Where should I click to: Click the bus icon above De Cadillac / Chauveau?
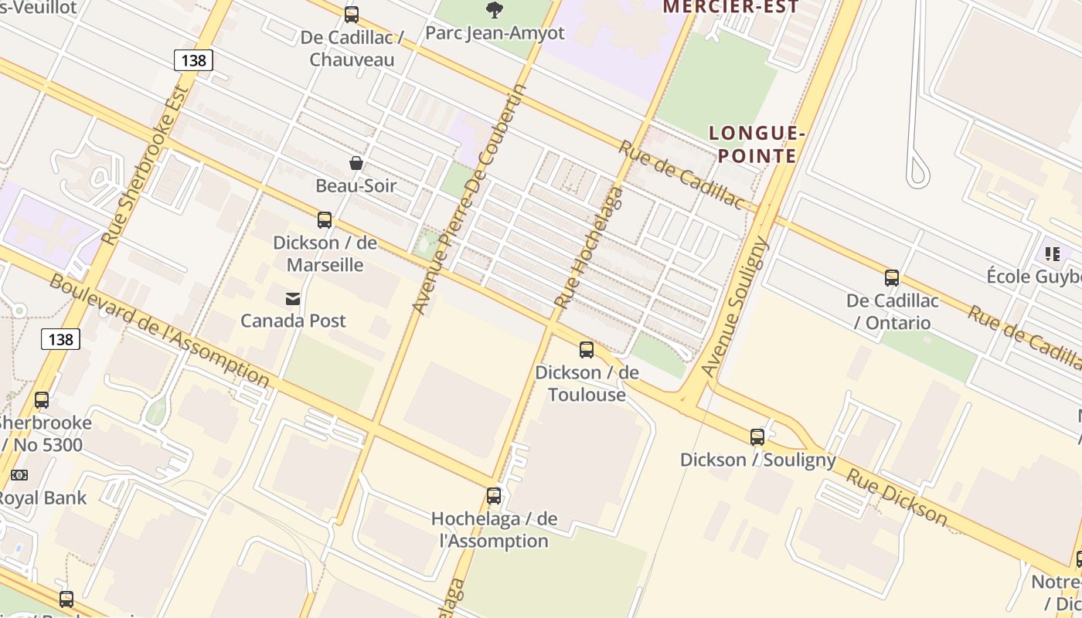pyautogui.click(x=352, y=14)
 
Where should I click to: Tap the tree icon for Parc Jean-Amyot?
pyautogui.click(x=495, y=10)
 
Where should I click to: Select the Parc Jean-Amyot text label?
pyautogui.click(x=495, y=33)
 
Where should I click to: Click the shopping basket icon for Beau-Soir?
pyautogui.click(x=356, y=163)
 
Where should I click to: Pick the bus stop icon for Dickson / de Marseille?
pyautogui.click(x=325, y=220)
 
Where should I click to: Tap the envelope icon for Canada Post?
pyautogui.click(x=293, y=298)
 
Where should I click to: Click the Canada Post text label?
pyautogui.click(x=293, y=321)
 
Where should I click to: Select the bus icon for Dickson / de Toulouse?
pyautogui.click(x=587, y=350)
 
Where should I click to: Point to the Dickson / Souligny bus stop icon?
pyautogui.click(x=757, y=437)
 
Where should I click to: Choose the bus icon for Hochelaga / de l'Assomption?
pyautogui.click(x=494, y=496)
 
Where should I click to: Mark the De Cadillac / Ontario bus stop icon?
pyautogui.click(x=892, y=278)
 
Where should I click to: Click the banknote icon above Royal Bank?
pyautogui.click(x=19, y=475)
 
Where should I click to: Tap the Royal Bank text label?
pyautogui.click(x=43, y=498)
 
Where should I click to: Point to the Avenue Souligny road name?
pyautogui.click(x=737, y=307)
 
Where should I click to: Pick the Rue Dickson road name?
pyautogui.click(x=897, y=497)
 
